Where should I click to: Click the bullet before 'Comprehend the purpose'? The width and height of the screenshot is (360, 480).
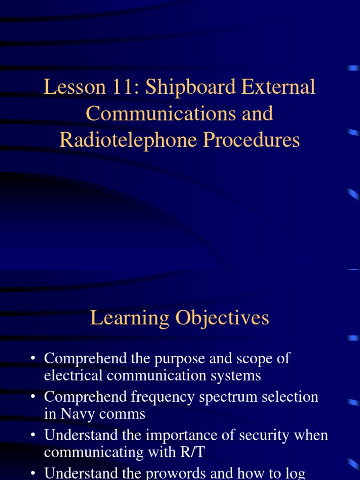[33, 359]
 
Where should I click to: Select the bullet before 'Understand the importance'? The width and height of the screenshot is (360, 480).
[33, 435]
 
